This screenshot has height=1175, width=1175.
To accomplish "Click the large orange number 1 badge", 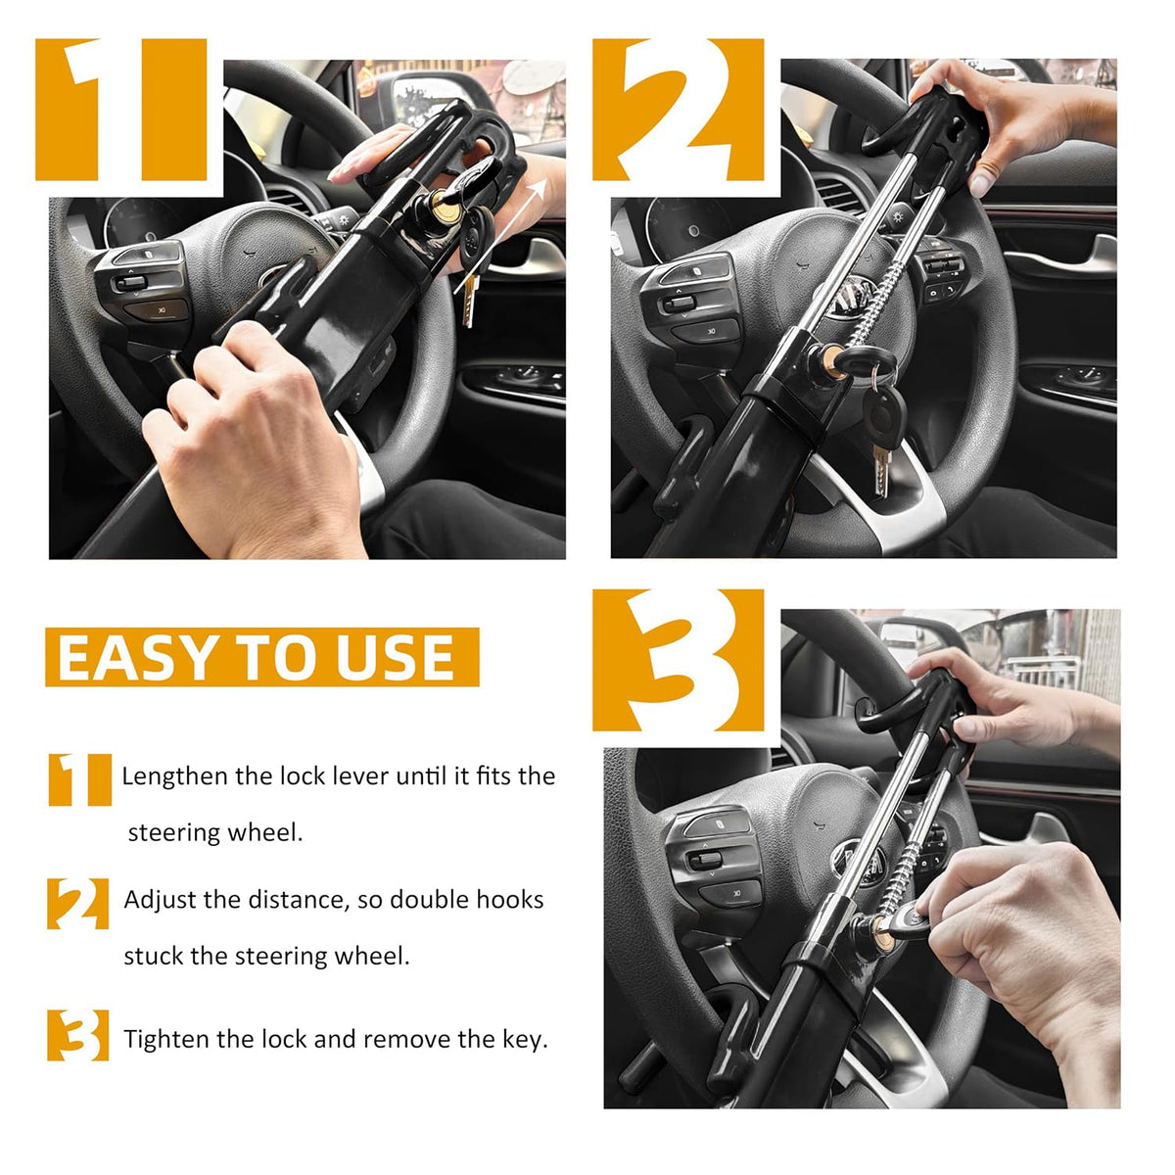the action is pyautogui.click(x=120, y=110).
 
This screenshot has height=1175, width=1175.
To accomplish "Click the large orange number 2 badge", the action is pyautogui.click(x=678, y=110).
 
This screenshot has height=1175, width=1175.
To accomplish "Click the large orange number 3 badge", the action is pyautogui.click(x=678, y=660).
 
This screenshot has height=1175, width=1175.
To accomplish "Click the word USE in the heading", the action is pyautogui.click(x=396, y=657).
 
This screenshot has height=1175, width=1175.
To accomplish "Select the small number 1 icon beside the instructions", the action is pyautogui.click(x=80, y=779).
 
